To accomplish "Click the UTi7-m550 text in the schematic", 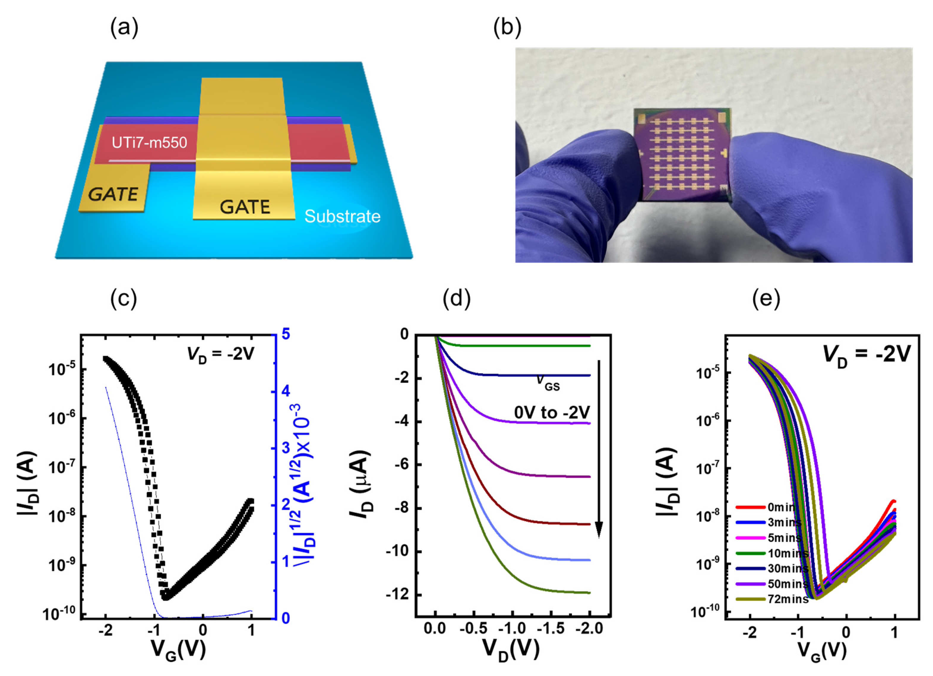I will coord(149,143).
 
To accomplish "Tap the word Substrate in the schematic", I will coord(342,216).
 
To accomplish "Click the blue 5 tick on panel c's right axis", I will coord(285,334).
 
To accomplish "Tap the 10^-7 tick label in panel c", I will coord(61,468).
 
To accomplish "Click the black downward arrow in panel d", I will coord(599,448).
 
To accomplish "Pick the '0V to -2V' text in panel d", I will coord(552,412).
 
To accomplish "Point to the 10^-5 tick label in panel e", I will coord(708,374).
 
